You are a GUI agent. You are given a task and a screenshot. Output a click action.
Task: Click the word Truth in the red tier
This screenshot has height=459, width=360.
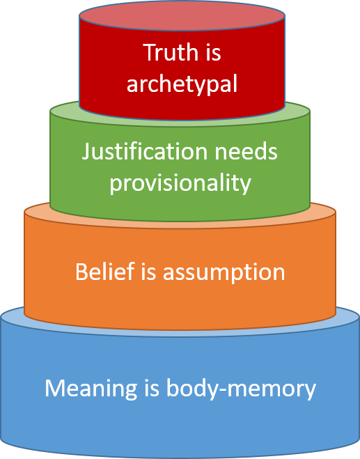(171, 52)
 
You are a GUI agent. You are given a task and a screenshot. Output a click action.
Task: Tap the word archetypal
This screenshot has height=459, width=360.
(182, 84)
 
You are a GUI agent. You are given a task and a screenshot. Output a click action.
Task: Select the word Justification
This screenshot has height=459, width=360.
(145, 151)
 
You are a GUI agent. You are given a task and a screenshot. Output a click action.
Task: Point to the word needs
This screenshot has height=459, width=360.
(246, 151)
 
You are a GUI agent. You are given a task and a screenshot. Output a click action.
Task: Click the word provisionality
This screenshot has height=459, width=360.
(180, 183)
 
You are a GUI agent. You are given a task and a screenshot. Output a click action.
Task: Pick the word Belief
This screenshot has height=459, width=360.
(105, 272)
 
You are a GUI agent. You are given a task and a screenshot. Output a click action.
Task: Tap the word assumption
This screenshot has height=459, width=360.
(224, 272)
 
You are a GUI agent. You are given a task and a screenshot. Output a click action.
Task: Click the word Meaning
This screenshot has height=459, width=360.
(91, 388)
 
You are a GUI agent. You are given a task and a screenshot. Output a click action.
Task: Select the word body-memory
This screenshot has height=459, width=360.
(241, 388)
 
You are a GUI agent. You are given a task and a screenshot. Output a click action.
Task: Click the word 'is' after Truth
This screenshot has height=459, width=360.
(212, 52)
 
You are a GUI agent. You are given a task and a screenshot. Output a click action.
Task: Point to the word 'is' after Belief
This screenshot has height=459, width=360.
(148, 272)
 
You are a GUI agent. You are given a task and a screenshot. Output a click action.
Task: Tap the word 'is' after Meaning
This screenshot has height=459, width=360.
(152, 387)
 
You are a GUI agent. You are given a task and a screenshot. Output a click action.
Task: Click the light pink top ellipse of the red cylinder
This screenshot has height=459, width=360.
(182, 15)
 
